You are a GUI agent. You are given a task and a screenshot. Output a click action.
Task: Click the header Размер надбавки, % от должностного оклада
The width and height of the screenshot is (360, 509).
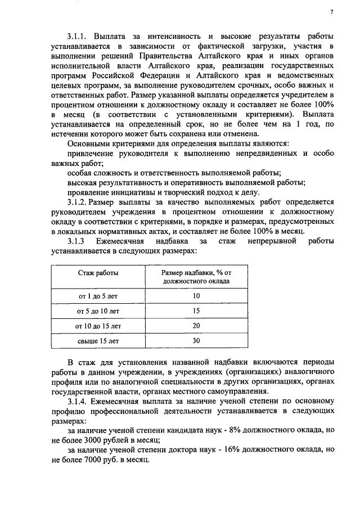pyautogui.click(x=196, y=276)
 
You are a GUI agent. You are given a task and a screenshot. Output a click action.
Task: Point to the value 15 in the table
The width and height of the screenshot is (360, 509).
pyautogui.click(x=196, y=310)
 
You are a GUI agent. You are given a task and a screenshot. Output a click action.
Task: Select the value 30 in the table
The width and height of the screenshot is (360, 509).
pyautogui.click(x=196, y=341)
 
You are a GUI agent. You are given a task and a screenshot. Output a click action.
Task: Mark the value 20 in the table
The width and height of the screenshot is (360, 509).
pyautogui.click(x=196, y=326)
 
